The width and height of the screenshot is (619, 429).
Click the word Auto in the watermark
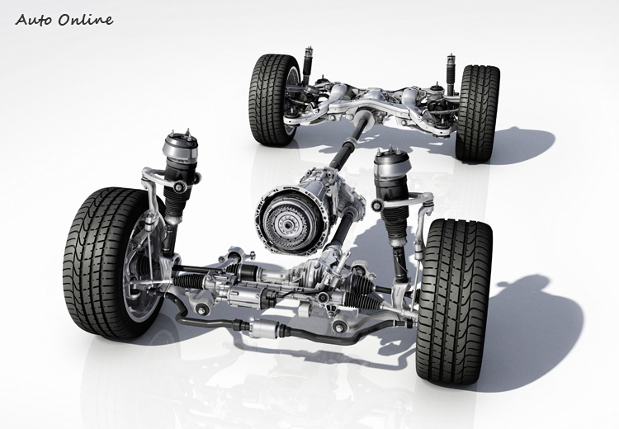(34, 19)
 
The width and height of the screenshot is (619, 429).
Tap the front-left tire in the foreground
(105, 262)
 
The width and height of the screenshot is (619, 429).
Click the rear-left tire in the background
(272, 100)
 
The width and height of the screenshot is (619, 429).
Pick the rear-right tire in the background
(477, 112)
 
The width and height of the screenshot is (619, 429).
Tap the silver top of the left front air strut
(180, 145)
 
